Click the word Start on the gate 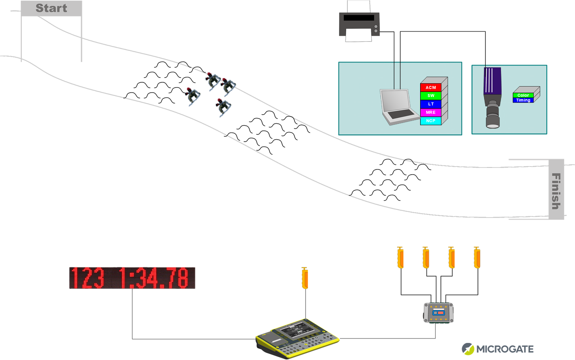(x=51, y=8)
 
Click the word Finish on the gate (x=556, y=191)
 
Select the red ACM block (x=431, y=87)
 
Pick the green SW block (x=431, y=95)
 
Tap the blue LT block (x=431, y=104)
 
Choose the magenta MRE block (x=431, y=112)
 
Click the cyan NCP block (x=431, y=121)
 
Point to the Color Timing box (x=524, y=97)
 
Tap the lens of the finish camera (x=493, y=119)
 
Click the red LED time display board (x=132, y=278)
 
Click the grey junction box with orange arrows (x=438, y=313)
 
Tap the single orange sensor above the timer (x=305, y=278)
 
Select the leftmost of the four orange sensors (x=400, y=258)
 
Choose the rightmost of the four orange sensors (x=477, y=258)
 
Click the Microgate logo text (x=505, y=349)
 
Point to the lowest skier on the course (x=223, y=107)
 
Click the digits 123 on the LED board (x=88, y=278)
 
